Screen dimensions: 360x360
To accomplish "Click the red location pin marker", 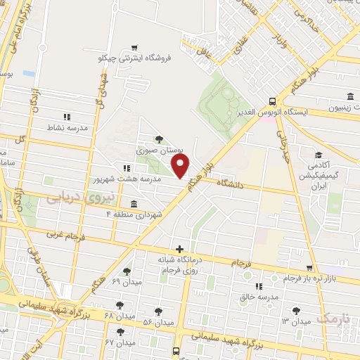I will pyautogui.click(x=181, y=166).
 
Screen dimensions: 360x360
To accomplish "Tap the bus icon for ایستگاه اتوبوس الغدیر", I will pyautogui.click(x=272, y=101).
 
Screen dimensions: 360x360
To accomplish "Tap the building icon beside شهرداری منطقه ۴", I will pyautogui.click(x=134, y=204).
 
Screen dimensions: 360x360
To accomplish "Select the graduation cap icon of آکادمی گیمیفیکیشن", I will pyautogui.click(x=318, y=155).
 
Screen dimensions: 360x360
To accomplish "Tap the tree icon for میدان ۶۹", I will pyautogui.click(x=127, y=271).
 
